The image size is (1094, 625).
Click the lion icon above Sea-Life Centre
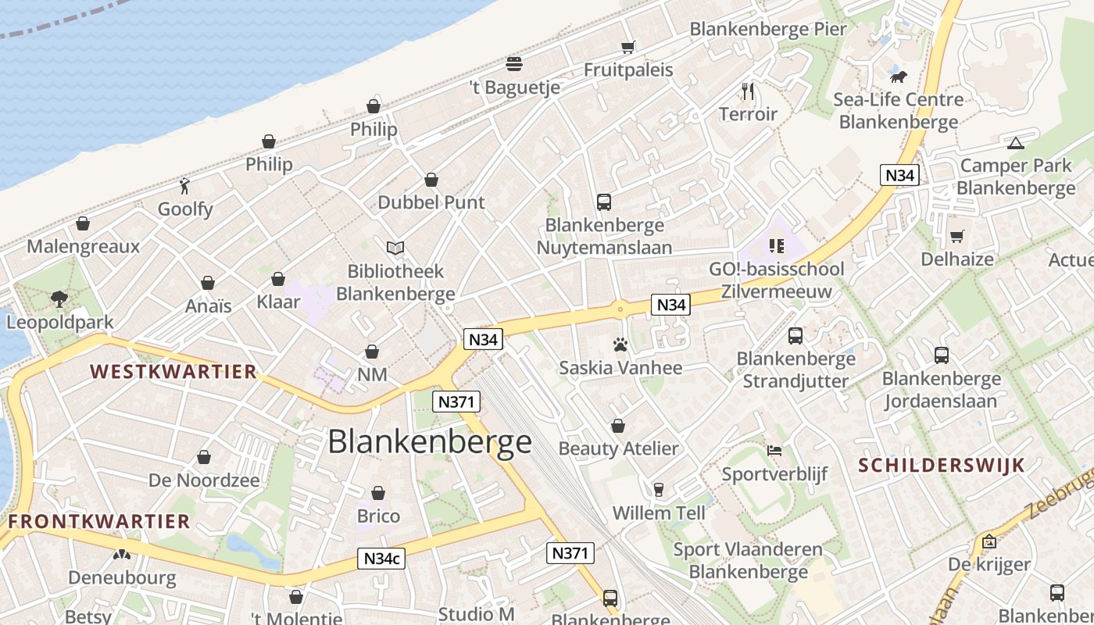pos(899,77)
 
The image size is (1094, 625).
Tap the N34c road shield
pos(382,559)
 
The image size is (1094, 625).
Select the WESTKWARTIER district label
pos(173,371)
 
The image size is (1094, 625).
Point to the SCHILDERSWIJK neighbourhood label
pos(941,466)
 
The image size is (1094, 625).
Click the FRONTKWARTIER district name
pos(99,521)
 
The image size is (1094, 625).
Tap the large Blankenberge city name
pos(429,442)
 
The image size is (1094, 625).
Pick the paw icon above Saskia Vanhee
pos(620,345)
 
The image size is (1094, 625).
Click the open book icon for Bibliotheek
pos(395,248)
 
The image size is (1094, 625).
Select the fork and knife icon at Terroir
pos(748,91)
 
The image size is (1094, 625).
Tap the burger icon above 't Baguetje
pos(514,63)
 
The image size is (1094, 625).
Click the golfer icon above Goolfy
pos(184,186)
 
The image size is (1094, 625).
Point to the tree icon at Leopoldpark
pos(59,298)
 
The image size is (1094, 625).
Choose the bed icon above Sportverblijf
pos(774,451)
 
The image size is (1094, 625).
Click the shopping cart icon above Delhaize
pos(956,236)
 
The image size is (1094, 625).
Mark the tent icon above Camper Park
pos(1015,143)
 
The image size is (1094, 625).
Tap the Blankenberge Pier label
pos(767,30)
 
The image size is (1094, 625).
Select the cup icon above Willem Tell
pos(658,490)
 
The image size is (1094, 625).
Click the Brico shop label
pos(378,516)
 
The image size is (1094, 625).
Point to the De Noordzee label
pos(204,480)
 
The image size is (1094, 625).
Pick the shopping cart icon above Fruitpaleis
pos(627,47)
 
